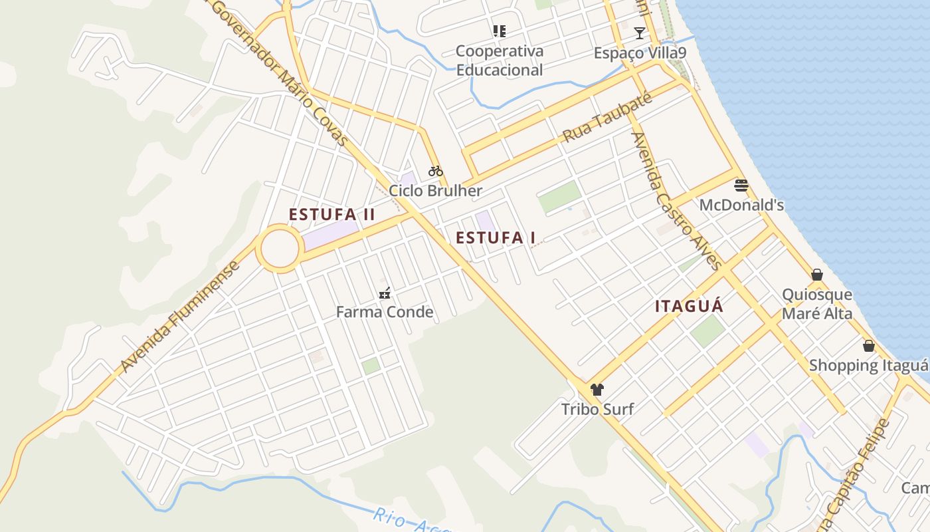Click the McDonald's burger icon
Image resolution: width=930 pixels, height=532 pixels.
tap(741, 185)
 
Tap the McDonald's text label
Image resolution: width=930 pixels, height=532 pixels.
tap(741, 205)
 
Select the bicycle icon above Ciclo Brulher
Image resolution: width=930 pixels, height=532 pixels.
tap(436, 171)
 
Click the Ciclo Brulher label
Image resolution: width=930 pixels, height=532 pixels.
tap(436, 191)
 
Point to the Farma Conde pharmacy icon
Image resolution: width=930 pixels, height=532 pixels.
tap(384, 293)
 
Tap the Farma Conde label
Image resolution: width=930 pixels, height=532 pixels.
tap(385, 312)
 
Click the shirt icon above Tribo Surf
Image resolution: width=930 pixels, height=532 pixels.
tap(597, 390)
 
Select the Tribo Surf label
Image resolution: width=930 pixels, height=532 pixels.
tap(597, 409)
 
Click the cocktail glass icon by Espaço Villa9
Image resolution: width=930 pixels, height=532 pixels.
tap(639, 33)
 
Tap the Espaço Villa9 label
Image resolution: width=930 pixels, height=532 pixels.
tap(640, 53)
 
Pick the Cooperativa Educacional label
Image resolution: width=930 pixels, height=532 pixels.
tap(500, 61)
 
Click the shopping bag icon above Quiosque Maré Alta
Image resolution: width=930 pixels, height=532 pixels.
tap(817, 275)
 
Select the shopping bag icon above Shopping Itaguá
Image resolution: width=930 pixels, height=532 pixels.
tap(868, 346)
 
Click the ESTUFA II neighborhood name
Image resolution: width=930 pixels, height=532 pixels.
tap(332, 215)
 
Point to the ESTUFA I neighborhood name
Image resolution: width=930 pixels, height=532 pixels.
tap(496, 237)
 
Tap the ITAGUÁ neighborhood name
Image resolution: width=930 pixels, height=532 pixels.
tap(689, 307)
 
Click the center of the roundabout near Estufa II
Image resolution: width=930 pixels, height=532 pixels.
tap(279, 249)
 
